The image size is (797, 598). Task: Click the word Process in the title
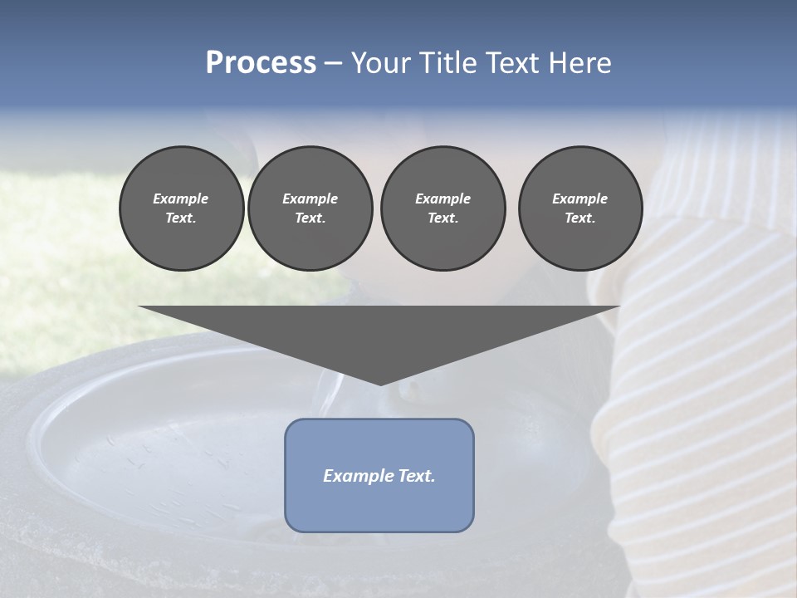261,63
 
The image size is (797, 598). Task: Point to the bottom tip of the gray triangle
380,384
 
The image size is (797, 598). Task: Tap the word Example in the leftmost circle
181,199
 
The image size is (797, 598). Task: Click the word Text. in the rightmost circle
579,218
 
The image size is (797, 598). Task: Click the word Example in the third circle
443,199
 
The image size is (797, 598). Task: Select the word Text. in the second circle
310,218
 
